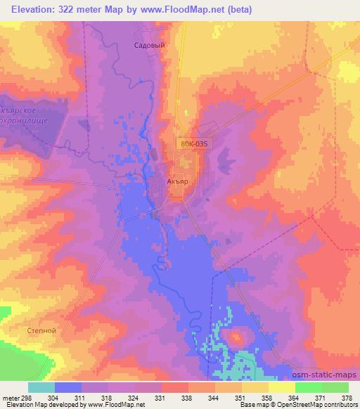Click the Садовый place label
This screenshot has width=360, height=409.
[x=149, y=44]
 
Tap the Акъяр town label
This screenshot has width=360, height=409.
[x=178, y=181]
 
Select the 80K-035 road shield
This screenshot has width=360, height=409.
[x=193, y=144]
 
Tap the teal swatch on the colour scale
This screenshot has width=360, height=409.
[x=41, y=388]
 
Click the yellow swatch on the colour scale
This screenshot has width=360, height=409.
[x=281, y=388]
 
